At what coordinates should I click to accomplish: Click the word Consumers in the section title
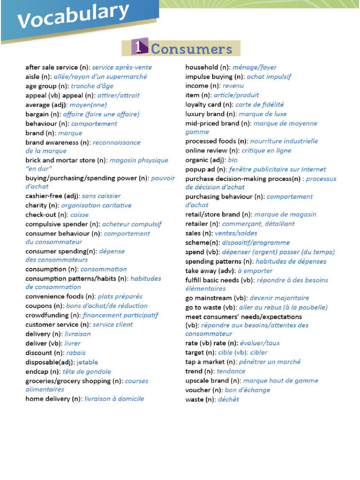coord(191,49)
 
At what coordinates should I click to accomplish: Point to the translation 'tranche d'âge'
coord(92,86)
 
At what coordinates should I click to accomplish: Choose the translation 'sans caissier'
coord(101,196)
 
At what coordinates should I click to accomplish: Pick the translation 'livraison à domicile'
coord(114,399)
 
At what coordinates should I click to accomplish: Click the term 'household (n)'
coord(209,67)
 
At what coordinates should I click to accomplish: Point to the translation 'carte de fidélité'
coord(259,105)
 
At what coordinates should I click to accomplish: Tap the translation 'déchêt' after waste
coord(228,399)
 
